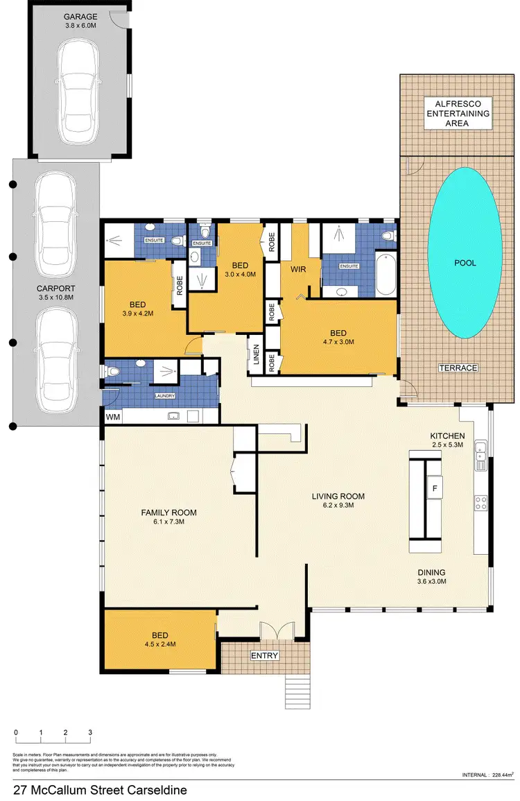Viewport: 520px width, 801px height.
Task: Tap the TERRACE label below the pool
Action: [x=459, y=368]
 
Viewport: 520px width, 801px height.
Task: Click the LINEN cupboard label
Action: [x=256, y=353]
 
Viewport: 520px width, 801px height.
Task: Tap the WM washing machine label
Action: [x=112, y=417]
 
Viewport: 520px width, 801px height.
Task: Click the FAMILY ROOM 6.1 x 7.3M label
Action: [x=168, y=517]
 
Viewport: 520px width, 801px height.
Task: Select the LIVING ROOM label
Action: [x=338, y=501]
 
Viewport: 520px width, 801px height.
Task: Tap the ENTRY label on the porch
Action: [x=265, y=656]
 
